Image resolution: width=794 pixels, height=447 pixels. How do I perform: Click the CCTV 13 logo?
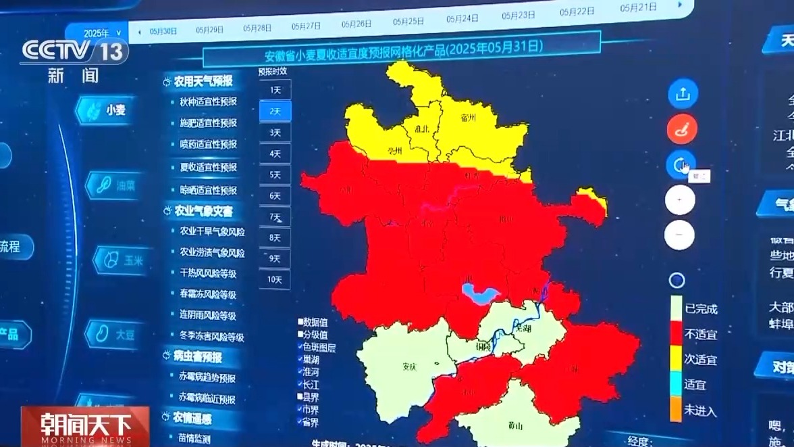[x=74, y=51]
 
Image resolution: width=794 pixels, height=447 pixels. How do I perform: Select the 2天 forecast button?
[x=275, y=111]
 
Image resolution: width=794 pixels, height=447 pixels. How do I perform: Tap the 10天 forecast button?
[x=275, y=279]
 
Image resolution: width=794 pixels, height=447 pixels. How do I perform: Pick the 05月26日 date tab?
[x=356, y=24]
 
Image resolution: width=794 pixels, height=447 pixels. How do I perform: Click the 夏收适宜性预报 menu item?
[x=208, y=167]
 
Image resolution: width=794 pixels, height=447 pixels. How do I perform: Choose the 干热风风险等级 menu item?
[x=208, y=273]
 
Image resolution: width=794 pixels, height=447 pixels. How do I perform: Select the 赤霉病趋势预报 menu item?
[x=207, y=378]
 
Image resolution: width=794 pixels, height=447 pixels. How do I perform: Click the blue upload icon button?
[x=682, y=94]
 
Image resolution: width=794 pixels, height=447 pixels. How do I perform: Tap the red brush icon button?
[x=681, y=129]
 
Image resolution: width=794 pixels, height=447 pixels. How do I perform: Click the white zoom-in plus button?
[x=679, y=200]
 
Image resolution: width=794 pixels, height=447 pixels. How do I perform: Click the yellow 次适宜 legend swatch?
[x=676, y=359]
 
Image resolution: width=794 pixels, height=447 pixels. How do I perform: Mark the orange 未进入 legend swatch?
[x=676, y=409]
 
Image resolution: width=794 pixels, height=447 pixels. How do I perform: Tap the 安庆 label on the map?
[x=409, y=367]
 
